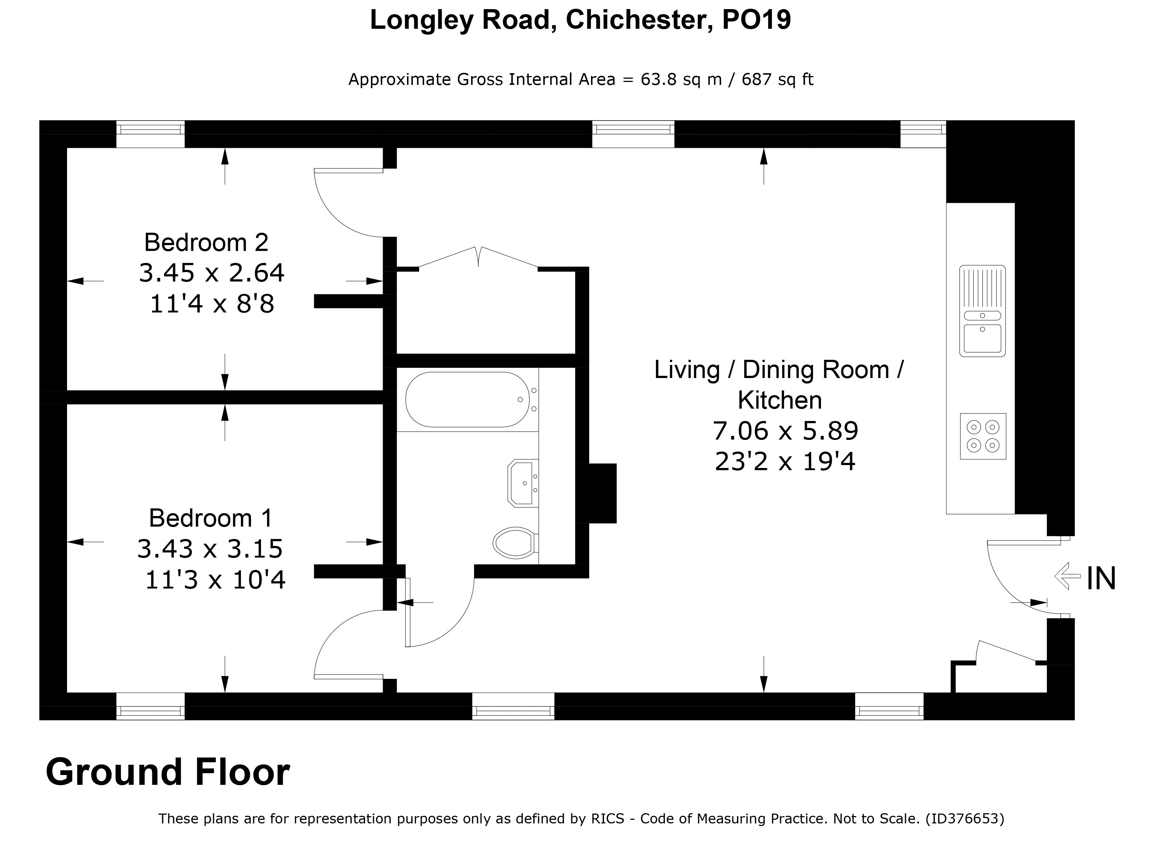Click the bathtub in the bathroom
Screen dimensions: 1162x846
[x=467, y=400]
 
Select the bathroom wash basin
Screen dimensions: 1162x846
[x=523, y=483]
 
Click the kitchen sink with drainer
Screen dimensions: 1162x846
[x=982, y=311]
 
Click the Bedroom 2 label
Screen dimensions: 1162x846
[x=206, y=242]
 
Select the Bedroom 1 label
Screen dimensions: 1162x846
[x=210, y=518]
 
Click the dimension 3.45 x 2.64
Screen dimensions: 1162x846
[x=212, y=272]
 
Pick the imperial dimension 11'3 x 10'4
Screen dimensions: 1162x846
[x=215, y=580]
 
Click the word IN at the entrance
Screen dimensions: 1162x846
[x=1101, y=579]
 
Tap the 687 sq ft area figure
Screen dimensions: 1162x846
[x=777, y=79]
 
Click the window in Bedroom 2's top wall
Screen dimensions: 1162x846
[x=150, y=134]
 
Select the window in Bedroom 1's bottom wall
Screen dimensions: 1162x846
[x=150, y=706]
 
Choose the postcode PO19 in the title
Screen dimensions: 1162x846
[x=757, y=20]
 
